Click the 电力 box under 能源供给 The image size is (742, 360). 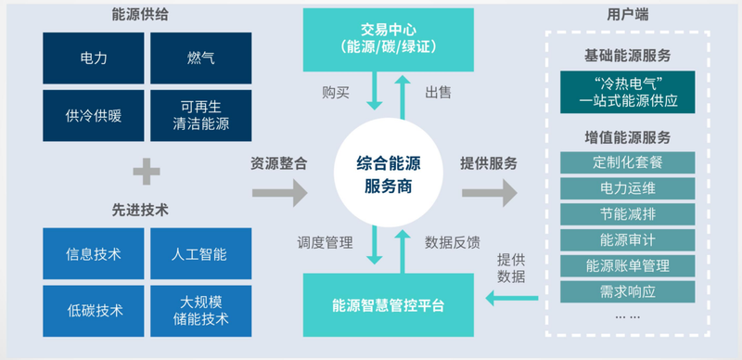tap(94, 58)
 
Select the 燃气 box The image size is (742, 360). tap(200, 58)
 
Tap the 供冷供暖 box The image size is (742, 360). tap(94, 115)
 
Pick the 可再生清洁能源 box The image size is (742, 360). tap(200, 115)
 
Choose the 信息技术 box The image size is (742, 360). tap(94, 253)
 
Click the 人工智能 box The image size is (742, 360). tap(200, 253)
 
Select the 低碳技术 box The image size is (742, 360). tap(94, 310)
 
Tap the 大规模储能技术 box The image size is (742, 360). tap(200, 310)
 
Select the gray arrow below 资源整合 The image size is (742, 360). tap(279, 193)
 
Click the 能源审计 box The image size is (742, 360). tap(628, 240)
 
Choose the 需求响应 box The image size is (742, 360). tap(628, 291)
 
